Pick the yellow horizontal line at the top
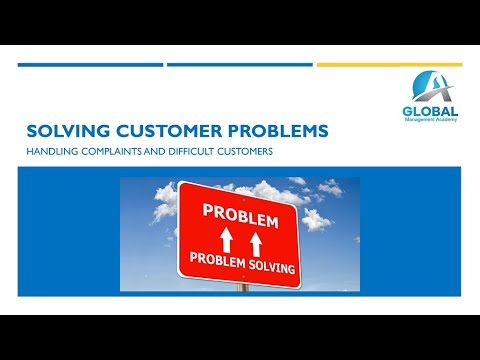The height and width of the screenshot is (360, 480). tap(389, 64)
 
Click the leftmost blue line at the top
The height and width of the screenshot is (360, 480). tap(90, 64)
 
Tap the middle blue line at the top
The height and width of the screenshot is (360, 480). tap(239, 64)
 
